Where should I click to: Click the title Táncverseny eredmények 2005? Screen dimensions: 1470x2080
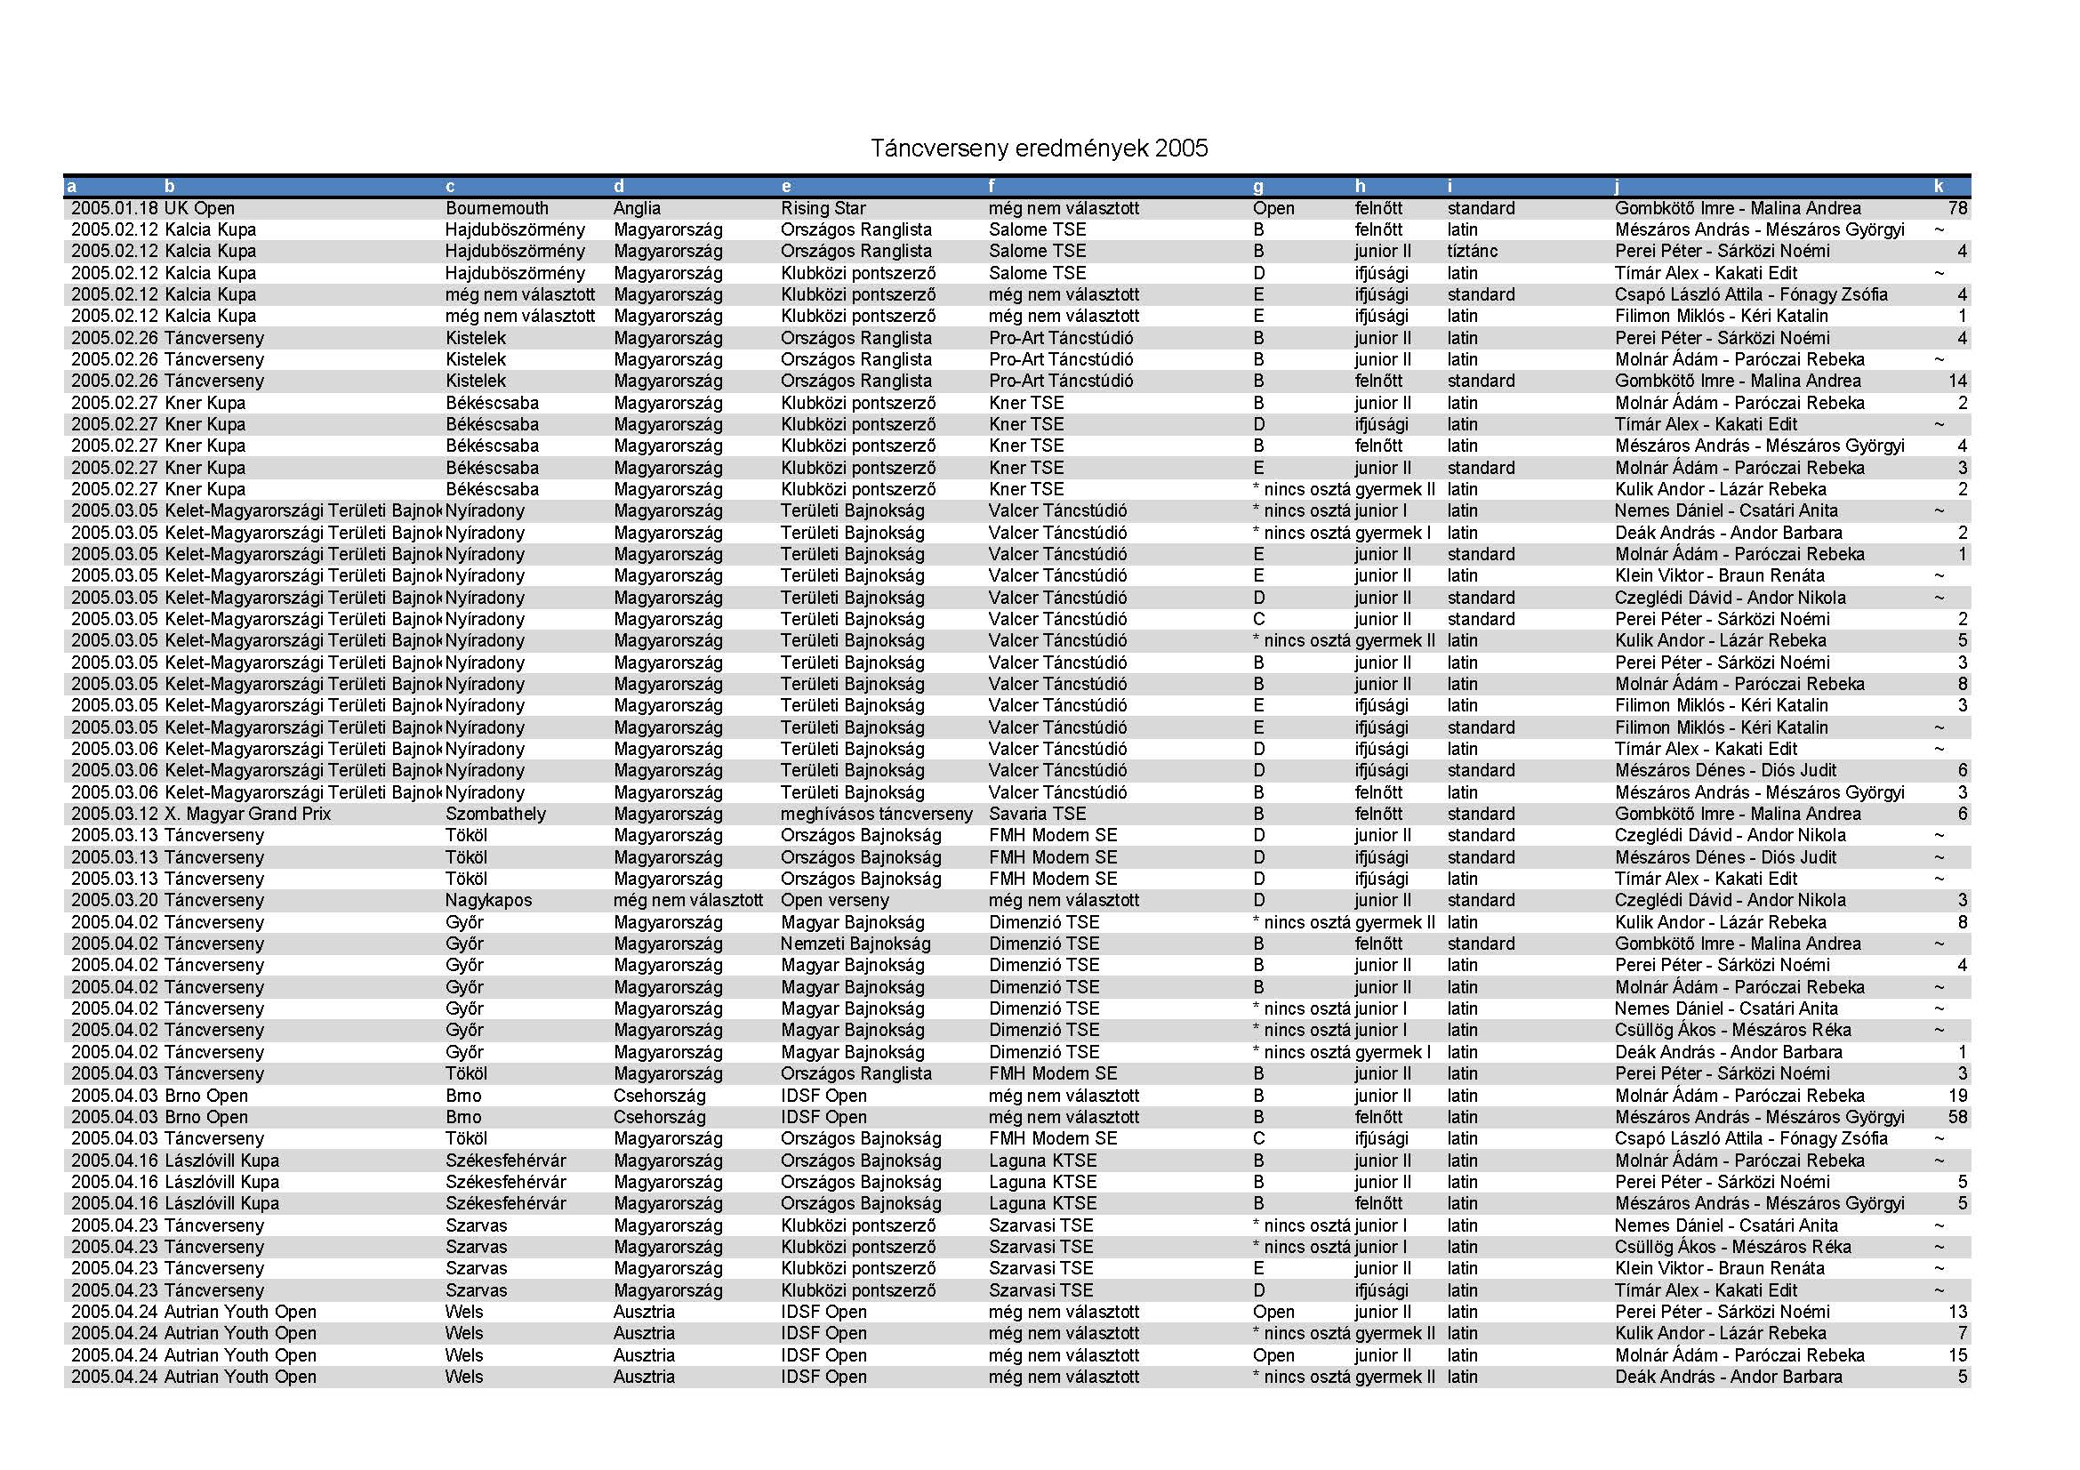(1038, 149)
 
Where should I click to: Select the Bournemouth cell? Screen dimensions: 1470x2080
(496, 208)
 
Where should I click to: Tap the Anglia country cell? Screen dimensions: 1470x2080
(637, 208)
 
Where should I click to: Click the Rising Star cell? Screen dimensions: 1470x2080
(823, 208)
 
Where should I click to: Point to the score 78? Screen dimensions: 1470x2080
(1957, 208)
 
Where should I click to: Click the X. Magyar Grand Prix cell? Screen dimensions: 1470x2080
(247, 814)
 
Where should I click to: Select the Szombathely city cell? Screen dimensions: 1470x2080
(495, 814)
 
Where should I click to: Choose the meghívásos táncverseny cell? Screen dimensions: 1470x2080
(876, 814)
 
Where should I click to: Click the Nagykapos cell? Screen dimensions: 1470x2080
(488, 900)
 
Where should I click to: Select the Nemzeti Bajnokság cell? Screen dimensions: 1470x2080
(855, 944)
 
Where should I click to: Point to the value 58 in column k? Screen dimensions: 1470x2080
(1957, 1117)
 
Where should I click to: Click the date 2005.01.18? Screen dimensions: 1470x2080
(115, 208)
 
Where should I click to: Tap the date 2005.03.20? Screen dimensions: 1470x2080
(115, 900)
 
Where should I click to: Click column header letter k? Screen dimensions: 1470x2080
(1939, 187)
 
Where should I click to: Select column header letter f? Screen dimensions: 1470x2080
(992, 187)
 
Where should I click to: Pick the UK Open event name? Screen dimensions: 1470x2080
(199, 208)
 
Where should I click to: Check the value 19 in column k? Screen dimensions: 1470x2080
(1957, 1095)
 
